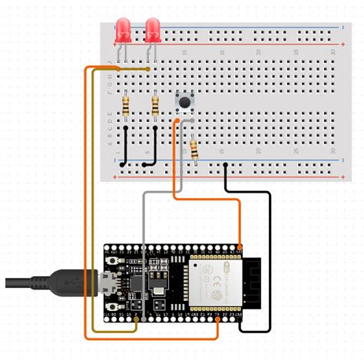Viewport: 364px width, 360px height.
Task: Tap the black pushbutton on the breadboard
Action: (x=184, y=101)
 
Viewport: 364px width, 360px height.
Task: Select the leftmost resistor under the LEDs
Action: (x=125, y=104)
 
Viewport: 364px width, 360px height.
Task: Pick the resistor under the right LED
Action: (x=156, y=104)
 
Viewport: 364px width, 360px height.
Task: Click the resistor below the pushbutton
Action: (x=195, y=147)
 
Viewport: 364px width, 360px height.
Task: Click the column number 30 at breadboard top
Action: (x=333, y=51)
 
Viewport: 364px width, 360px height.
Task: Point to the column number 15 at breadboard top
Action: (x=221, y=51)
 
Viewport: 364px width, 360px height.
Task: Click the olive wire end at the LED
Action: (x=147, y=70)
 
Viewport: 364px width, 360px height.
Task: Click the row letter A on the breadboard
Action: (x=110, y=144)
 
